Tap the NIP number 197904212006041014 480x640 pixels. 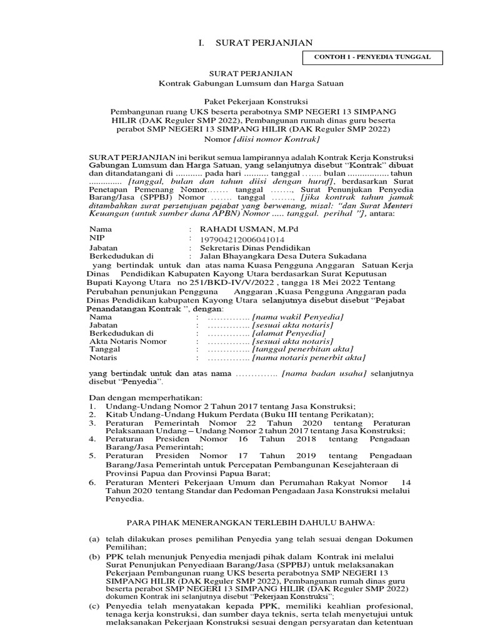point(242,239)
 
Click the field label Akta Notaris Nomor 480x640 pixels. point(128,341)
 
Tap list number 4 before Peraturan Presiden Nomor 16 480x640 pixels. point(91,439)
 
